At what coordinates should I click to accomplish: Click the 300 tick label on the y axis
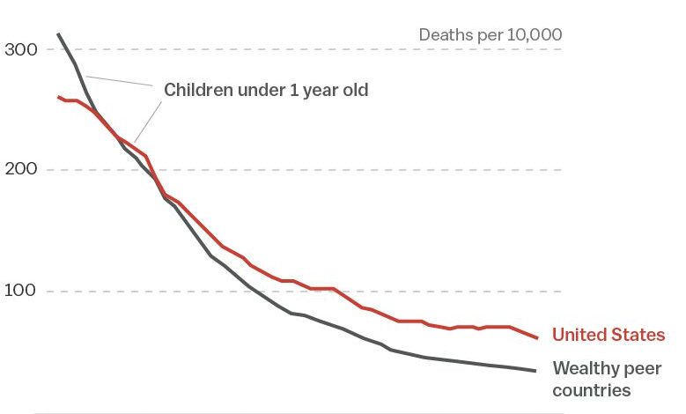21,49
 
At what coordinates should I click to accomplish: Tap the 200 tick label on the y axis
21,169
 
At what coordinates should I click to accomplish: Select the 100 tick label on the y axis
21,291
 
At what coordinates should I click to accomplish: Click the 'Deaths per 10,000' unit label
490,35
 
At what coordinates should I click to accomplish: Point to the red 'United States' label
608,335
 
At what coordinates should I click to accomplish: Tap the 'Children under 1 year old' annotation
266,90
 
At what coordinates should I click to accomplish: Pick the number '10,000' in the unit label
532,35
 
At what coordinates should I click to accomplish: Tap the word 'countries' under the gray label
591,390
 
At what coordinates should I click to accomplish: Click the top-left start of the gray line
58,34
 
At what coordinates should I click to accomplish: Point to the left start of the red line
58,97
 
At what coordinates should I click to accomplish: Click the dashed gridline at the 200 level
352,170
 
